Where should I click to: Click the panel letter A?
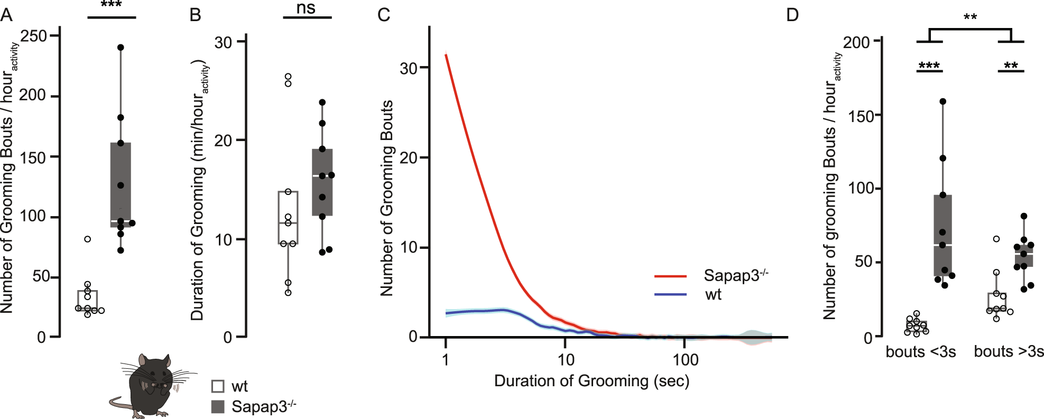click(x=6, y=15)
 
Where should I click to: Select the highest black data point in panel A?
click(x=121, y=48)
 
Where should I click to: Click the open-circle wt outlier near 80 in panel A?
click(x=88, y=239)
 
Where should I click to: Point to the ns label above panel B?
click(x=306, y=8)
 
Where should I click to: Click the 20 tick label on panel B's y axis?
click(x=223, y=141)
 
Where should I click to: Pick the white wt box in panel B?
click(x=288, y=217)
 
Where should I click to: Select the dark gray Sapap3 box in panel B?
click(x=322, y=182)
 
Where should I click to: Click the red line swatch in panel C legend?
click(x=670, y=276)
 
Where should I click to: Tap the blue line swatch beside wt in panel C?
click(x=670, y=294)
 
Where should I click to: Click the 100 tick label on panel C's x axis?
click(x=685, y=360)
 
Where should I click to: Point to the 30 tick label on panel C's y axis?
click(x=409, y=68)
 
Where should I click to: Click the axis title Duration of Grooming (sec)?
click(x=592, y=381)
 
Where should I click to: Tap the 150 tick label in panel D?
click(x=859, y=116)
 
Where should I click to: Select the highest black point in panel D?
click(x=943, y=101)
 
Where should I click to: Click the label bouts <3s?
click(x=920, y=352)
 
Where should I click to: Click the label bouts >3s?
click(x=1009, y=352)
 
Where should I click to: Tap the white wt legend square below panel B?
click(x=218, y=386)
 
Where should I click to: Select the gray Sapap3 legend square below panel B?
click(x=218, y=406)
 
